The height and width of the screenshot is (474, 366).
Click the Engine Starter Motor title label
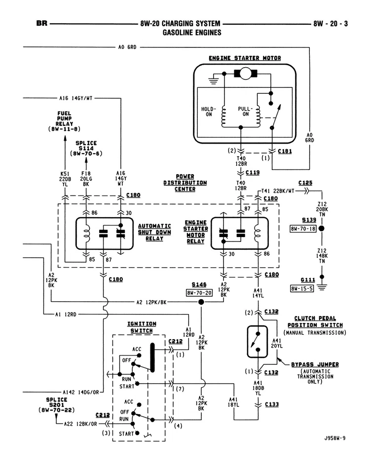[245, 58]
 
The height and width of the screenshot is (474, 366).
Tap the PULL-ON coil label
[245, 112]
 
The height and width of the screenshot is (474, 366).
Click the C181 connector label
[285, 152]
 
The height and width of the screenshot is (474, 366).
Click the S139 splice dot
[321, 229]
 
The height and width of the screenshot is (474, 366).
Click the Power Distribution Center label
[185, 183]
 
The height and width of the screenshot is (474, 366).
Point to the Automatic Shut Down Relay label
[154, 232]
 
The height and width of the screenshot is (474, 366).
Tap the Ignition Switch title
[142, 327]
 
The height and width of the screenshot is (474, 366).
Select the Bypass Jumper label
[315, 364]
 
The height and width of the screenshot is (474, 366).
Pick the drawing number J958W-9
[335, 437]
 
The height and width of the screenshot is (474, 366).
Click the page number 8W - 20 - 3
[330, 23]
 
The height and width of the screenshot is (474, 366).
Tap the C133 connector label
[272, 404]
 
